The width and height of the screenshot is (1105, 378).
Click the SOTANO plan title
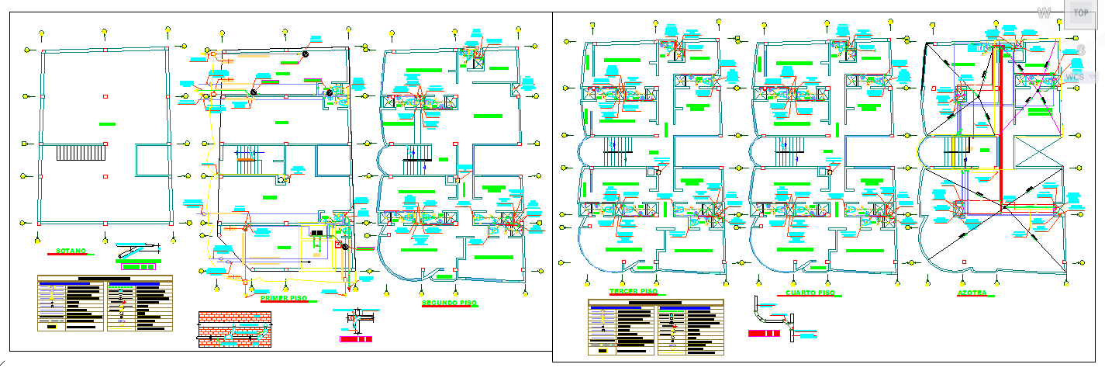pos(71,251)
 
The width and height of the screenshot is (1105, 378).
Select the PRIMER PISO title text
pos(284,298)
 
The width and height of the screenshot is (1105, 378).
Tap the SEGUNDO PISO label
pos(449,303)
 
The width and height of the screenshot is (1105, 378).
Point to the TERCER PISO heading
pos(633,292)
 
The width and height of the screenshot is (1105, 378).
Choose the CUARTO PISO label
pos(810,293)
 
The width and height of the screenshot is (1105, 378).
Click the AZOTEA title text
pos(972,294)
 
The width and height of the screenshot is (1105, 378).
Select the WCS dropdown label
pos(1075,78)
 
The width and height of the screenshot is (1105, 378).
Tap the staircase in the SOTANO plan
pos(81,151)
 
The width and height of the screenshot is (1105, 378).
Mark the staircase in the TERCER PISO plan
pos(619,152)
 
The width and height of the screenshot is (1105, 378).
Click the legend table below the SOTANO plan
pos(105,303)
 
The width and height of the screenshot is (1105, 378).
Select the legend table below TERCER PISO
pos(655,328)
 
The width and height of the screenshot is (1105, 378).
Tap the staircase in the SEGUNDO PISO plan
pos(416,160)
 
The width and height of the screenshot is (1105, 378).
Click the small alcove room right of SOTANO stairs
pos(152,160)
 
